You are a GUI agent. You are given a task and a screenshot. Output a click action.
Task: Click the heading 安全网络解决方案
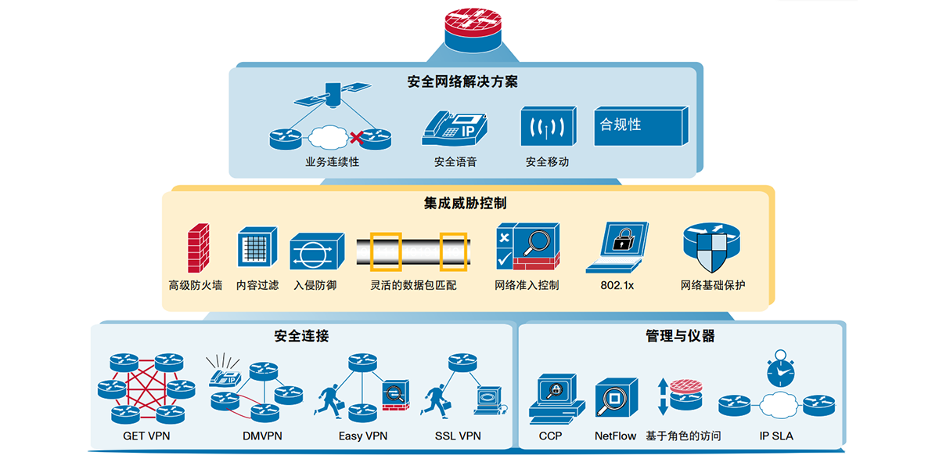tap(463, 82)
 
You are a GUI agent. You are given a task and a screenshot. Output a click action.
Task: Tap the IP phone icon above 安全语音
tap(455, 127)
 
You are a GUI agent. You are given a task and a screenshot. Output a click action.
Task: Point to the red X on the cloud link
tap(356, 139)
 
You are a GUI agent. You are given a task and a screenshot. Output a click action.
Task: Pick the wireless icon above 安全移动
tap(548, 125)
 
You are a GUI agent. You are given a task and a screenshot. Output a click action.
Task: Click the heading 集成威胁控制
tap(465, 204)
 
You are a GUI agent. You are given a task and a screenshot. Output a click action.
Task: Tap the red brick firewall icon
tap(198, 248)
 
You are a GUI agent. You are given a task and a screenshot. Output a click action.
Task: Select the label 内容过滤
tap(257, 285)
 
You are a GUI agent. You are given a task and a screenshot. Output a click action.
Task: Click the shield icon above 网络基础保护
tap(711, 247)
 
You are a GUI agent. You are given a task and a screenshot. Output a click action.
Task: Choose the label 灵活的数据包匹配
tap(412, 285)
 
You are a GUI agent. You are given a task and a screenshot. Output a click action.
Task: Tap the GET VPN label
tap(146, 436)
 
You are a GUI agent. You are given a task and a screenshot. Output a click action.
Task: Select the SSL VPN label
tap(458, 436)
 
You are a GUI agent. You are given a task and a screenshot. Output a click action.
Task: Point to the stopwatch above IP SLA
tap(780, 369)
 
